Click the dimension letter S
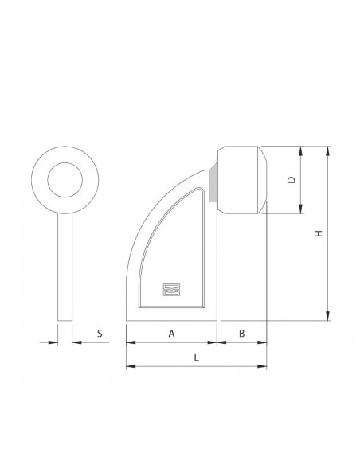[x=100, y=334]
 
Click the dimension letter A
[x=172, y=334]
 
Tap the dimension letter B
[x=242, y=334]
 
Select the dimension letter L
[x=196, y=358]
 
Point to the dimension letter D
[x=292, y=181]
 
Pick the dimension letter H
[x=317, y=234]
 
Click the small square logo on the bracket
[x=169, y=290]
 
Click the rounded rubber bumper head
[x=243, y=181]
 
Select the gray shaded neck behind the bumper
[x=215, y=181]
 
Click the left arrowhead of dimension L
[x=130, y=367]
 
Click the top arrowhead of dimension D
[x=302, y=151]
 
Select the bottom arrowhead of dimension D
[x=302, y=210]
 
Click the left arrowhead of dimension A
[x=130, y=343]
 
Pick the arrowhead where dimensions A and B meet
[x=217, y=343]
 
